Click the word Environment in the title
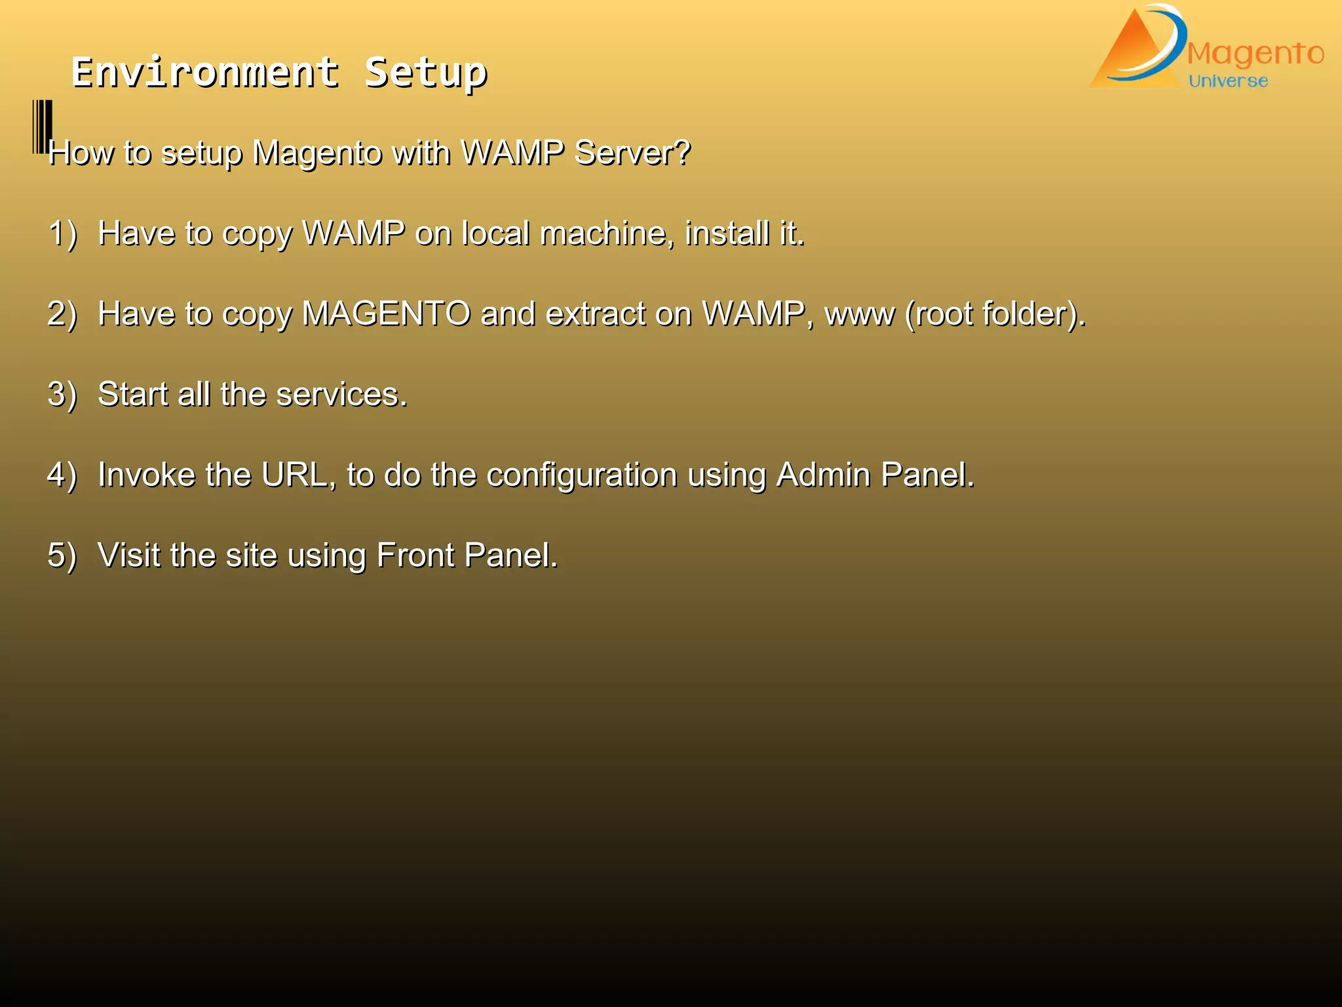pos(205,72)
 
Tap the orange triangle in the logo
pos(1130,56)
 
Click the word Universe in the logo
pos(1228,81)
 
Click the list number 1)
pos(62,233)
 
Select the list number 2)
pos(62,314)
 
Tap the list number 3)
pos(62,395)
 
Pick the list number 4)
pos(62,475)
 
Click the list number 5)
pos(62,556)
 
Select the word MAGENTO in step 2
pos(386,314)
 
